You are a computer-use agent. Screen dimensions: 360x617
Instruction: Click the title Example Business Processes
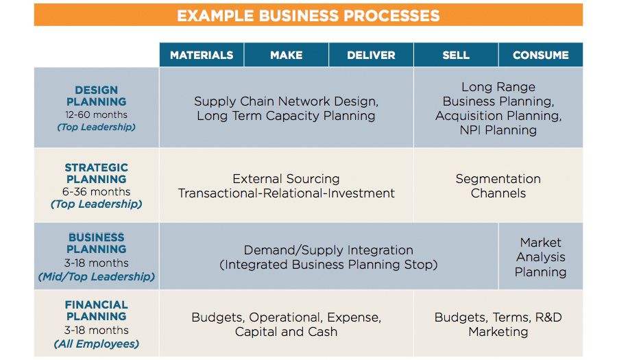(308, 15)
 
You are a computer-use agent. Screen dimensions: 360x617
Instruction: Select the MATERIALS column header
(202, 56)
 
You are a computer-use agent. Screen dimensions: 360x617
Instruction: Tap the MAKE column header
(286, 56)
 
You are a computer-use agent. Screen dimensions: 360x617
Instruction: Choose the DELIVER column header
(371, 56)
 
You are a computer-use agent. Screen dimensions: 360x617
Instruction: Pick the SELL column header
(456, 56)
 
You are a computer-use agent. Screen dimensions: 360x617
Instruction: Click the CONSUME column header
(540, 56)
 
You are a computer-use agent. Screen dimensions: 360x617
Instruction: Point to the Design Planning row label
(96, 96)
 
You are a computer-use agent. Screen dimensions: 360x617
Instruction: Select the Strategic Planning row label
(96, 173)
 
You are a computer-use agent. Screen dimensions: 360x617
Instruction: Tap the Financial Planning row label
(96, 311)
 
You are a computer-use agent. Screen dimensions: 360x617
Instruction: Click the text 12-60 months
(96, 115)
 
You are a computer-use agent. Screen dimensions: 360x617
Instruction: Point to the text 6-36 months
(96, 192)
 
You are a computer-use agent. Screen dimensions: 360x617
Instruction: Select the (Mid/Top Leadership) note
(96, 276)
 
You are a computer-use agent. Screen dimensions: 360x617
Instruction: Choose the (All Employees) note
(96, 344)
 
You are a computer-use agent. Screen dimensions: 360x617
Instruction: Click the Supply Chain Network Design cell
(286, 108)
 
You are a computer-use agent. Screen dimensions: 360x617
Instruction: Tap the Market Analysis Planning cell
(540, 257)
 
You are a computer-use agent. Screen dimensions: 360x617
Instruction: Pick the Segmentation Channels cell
(498, 186)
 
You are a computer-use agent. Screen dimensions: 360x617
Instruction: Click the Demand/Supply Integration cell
(328, 257)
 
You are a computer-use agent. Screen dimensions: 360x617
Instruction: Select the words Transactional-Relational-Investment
(286, 193)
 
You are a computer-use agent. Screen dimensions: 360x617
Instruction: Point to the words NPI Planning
(498, 130)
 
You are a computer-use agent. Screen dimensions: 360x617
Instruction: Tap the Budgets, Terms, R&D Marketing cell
(498, 324)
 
